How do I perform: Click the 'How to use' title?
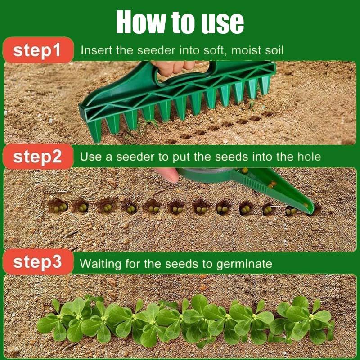[180, 22]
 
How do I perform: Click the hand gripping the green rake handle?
[173, 67]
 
